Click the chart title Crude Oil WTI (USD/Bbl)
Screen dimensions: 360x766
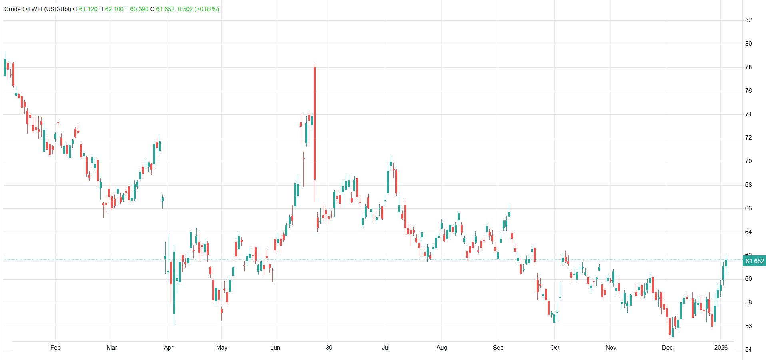point(38,9)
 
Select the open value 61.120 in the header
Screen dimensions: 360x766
point(88,9)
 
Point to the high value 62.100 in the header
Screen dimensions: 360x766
point(114,9)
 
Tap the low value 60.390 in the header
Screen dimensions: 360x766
point(139,9)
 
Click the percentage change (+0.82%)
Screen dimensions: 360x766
point(207,9)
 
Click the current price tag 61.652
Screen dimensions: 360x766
point(754,261)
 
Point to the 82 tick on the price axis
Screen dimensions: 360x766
point(748,20)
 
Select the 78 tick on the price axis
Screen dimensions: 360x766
point(748,67)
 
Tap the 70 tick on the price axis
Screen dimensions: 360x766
point(748,161)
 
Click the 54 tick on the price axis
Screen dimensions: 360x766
point(748,350)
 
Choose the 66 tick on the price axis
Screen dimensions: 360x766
point(748,208)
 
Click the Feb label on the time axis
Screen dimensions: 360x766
point(56,348)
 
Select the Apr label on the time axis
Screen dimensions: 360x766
point(168,348)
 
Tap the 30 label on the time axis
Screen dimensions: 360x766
point(329,348)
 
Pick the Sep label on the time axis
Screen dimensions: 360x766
point(498,348)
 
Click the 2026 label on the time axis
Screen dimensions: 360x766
point(721,348)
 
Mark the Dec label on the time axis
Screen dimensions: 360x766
point(667,348)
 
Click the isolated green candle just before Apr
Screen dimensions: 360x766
point(162,199)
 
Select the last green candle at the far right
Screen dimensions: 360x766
point(726,263)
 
